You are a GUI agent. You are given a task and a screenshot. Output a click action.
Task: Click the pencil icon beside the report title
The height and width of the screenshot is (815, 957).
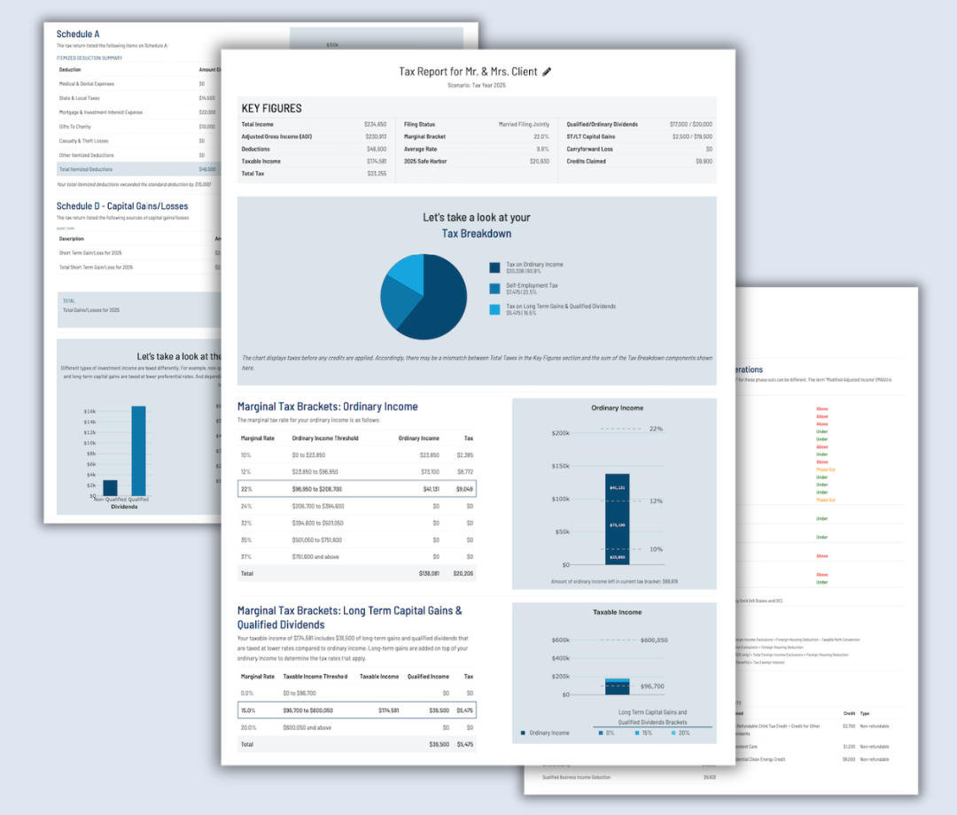[547, 72]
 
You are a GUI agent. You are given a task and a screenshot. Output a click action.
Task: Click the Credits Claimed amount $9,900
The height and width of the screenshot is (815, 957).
[704, 161]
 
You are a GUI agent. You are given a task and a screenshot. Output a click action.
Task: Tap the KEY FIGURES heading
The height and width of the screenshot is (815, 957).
[271, 108]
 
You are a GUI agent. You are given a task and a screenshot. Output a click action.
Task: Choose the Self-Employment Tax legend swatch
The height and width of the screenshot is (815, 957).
[494, 287]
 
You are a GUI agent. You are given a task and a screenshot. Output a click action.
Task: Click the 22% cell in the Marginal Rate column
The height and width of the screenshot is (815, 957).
[246, 488]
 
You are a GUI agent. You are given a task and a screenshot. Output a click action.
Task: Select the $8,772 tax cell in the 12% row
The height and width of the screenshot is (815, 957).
[463, 471]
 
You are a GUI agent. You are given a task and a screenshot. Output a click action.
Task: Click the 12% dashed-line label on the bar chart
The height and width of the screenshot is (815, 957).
[656, 501]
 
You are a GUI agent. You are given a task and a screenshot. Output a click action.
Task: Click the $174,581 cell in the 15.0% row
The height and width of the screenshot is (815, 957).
[391, 710]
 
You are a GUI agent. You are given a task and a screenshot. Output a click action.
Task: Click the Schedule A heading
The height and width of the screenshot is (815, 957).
[78, 35]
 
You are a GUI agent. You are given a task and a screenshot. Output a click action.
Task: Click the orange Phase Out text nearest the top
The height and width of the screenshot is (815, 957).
[826, 470]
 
